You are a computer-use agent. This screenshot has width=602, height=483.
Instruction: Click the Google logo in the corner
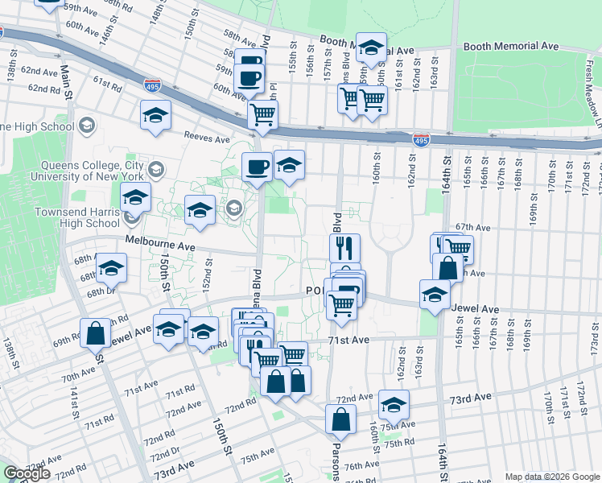pyautogui.click(x=27, y=473)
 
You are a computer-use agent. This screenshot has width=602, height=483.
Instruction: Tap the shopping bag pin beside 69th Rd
pyautogui.click(x=95, y=332)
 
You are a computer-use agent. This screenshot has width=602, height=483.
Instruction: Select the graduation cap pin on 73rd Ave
pyautogui.click(x=393, y=403)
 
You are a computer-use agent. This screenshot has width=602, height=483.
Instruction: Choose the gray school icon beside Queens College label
pyautogui.click(x=156, y=170)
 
